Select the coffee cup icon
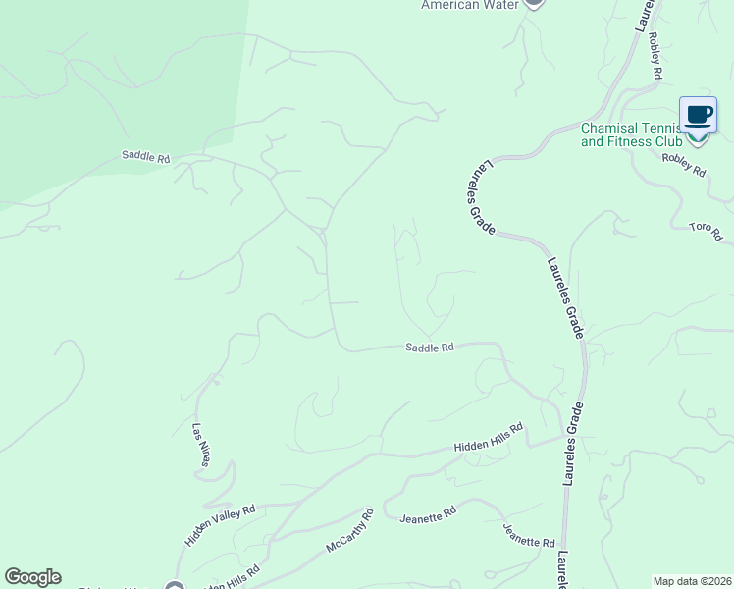[x=698, y=115]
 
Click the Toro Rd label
[x=706, y=232]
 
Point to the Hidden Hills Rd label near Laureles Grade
[x=489, y=438]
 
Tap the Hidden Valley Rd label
[x=220, y=525]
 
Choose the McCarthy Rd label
[x=349, y=530]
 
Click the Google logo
[x=32, y=577]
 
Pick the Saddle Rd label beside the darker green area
[x=146, y=156]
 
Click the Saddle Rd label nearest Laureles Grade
[x=430, y=347]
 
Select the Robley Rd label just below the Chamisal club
[x=684, y=165]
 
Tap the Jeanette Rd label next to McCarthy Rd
[x=429, y=512]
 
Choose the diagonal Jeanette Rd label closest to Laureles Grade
[x=529, y=535]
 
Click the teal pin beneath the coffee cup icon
[x=698, y=135]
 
